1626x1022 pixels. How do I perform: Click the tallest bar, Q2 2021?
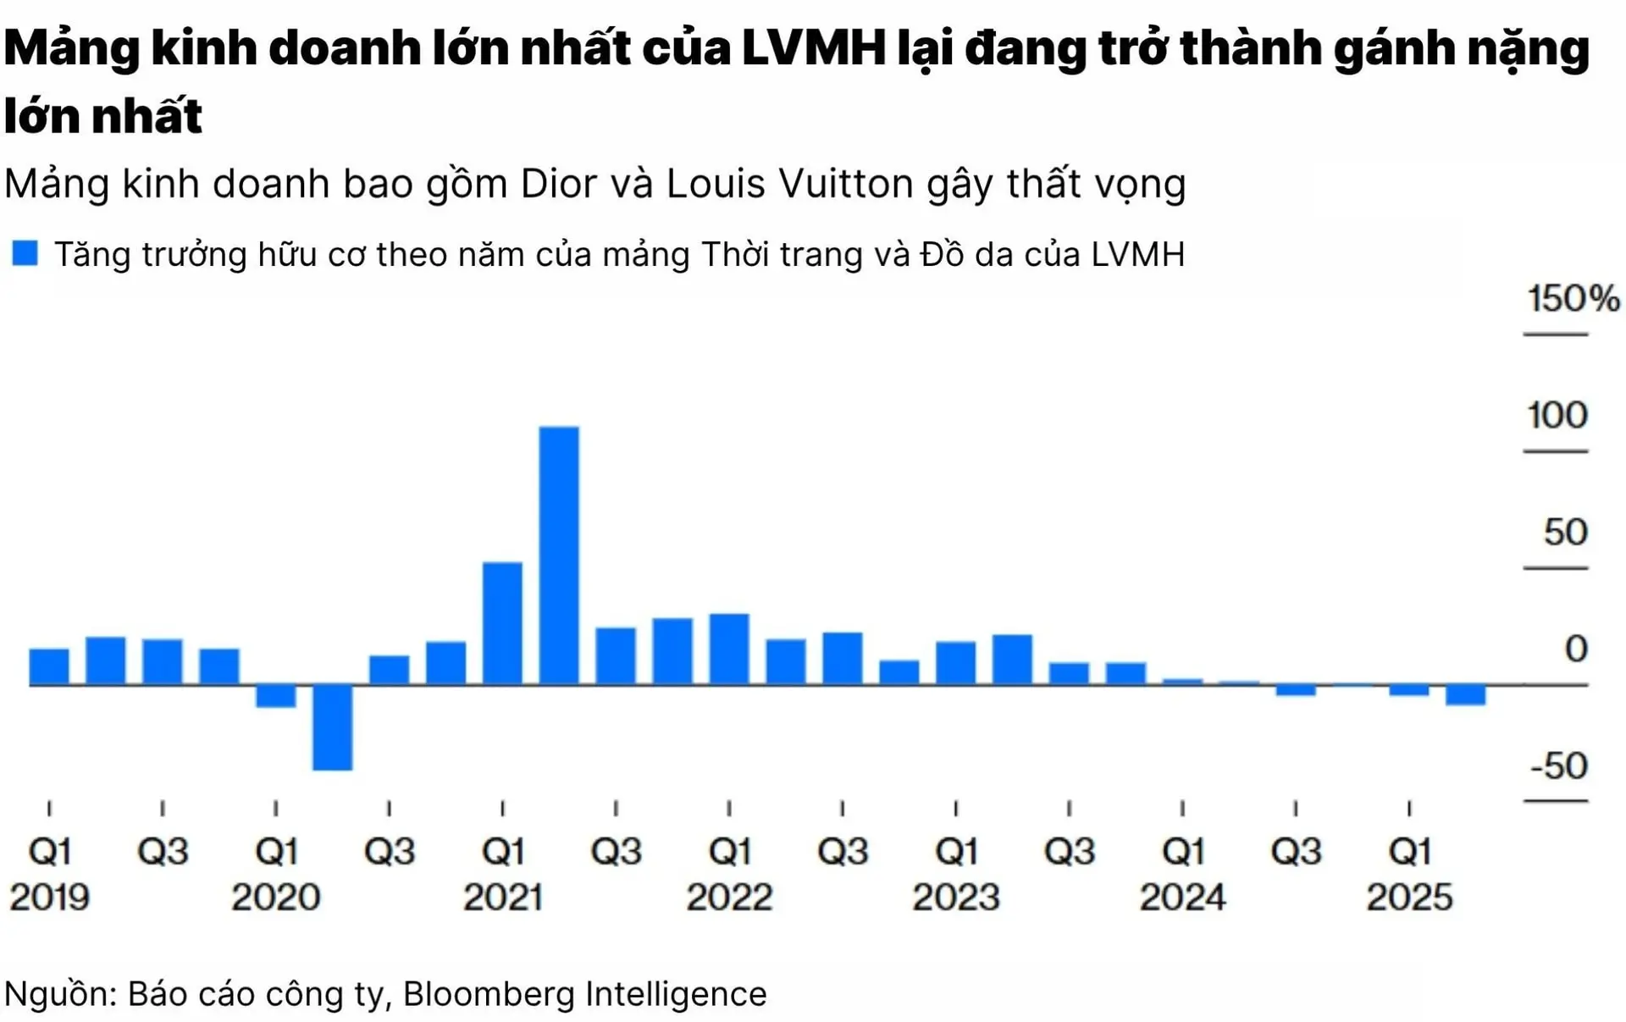tap(559, 555)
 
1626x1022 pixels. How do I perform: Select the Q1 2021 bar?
tap(502, 623)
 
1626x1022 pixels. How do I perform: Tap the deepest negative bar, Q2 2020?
tap(332, 726)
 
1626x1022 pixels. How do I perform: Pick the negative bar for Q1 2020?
tap(276, 695)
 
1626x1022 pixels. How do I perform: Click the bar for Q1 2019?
tap(49, 666)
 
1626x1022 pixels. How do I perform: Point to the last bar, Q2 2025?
tap(1465, 694)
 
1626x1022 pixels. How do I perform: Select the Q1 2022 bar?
tap(729, 649)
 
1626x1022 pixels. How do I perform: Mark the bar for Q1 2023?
tap(955, 663)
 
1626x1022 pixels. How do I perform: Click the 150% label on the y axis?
tap(1573, 299)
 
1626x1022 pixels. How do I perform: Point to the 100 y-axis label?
tap(1557, 416)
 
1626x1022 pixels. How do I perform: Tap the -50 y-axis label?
tap(1558, 765)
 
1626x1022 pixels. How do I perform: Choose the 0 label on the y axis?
tap(1575, 649)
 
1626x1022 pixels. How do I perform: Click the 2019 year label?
tap(49, 898)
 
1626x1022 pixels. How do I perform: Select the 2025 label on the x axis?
tap(1409, 898)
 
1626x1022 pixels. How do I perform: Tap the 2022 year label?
tap(729, 898)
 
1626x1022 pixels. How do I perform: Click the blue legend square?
tap(25, 253)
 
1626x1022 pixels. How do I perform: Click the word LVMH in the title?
tap(814, 48)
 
